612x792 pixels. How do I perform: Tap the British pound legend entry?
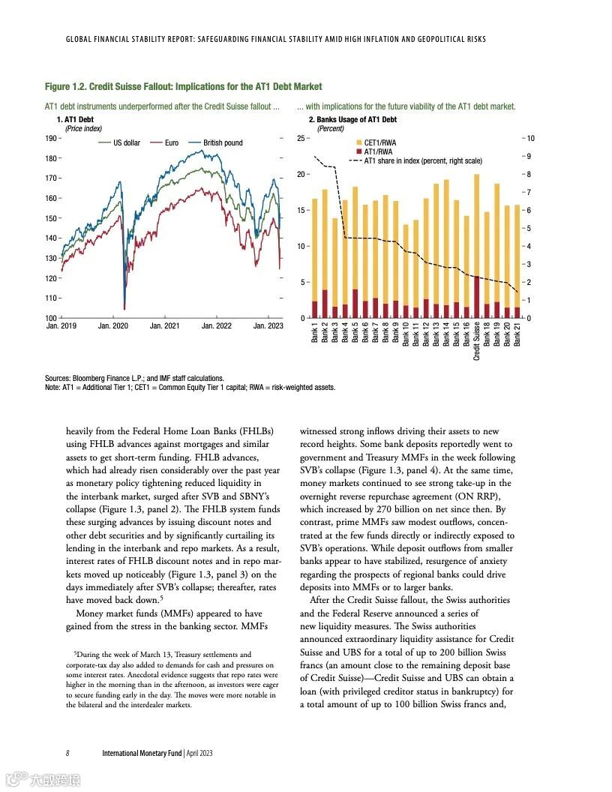tap(223, 142)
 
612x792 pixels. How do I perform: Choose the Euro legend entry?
tap(172, 142)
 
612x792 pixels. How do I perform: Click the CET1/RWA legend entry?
tap(379, 142)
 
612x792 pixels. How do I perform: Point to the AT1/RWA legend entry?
tap(378, 151)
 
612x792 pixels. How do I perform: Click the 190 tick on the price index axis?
tap(51, 139)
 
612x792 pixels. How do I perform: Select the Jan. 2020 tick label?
tap(113, 326)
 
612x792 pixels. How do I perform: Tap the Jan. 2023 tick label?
tap(268, 326)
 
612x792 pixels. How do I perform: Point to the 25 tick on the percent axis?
tap(300, 139)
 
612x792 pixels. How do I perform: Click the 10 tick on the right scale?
tap(531, 139)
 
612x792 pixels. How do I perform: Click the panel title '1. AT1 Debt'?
tap(75, 120)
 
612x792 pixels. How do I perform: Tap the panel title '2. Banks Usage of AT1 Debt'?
tap(352, 120)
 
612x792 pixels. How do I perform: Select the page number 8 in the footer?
tap(67, 752)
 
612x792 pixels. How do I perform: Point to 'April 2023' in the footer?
tap(199, 752)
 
